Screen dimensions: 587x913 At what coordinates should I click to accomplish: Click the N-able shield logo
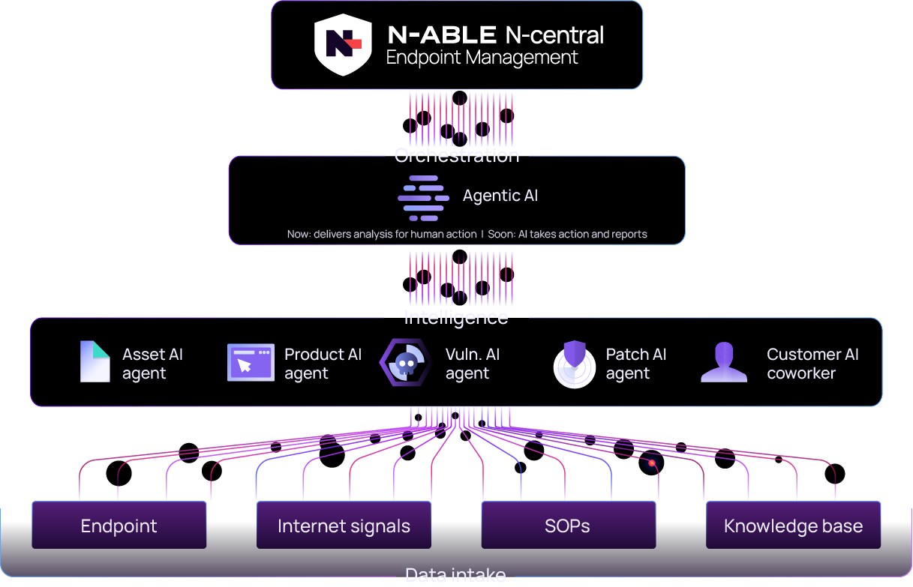point(338,45)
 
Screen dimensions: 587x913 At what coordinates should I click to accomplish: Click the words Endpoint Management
point(482,58)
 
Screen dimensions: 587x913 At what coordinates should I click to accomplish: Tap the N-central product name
point(554,34)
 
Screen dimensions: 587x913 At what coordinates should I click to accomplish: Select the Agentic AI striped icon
point(423,197)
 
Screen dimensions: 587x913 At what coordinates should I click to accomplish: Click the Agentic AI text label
point(500,196)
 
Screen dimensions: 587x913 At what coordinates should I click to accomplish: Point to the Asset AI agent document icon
point(95,362)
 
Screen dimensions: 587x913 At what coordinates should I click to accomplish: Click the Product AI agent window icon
point(251,363)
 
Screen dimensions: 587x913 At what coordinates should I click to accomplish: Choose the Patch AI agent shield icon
point(574,364)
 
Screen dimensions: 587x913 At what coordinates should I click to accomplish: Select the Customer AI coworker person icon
point(724,364)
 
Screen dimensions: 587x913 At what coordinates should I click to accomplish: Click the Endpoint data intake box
point(119,526)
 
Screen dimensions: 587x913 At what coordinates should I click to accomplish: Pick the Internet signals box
point(344,526)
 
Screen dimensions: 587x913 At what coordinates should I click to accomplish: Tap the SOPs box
point(567,526)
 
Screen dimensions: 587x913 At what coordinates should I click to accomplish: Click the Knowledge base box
point(793,526)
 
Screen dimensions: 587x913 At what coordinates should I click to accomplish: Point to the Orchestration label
point(457,156)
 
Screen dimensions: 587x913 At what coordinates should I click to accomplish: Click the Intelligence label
point(456,318)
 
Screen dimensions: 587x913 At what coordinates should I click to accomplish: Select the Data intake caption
point(455,575)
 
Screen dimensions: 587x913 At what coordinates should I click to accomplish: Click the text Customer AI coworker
point(812,364)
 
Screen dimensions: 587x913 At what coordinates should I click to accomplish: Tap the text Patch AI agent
point(635,364)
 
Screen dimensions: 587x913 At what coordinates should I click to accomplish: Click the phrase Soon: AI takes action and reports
point(567,234)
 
